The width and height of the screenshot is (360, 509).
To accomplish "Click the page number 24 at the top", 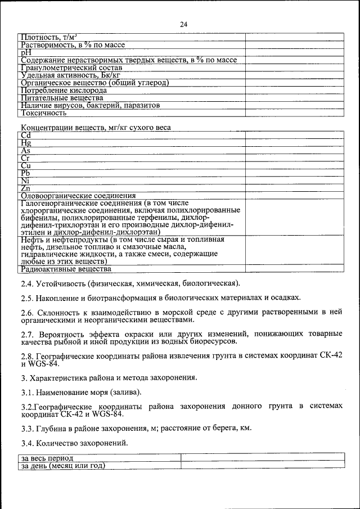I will (x=183, y=24).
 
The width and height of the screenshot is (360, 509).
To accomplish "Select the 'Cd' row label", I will (x=26, y=136).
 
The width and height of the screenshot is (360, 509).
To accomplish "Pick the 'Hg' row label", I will (x=26, y=143).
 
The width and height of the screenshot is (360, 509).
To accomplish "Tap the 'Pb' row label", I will (x=26, y=173).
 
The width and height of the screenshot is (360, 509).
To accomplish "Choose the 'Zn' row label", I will (x=26, y=188).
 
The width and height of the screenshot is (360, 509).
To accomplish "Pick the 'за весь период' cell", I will (x=47, y=459).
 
